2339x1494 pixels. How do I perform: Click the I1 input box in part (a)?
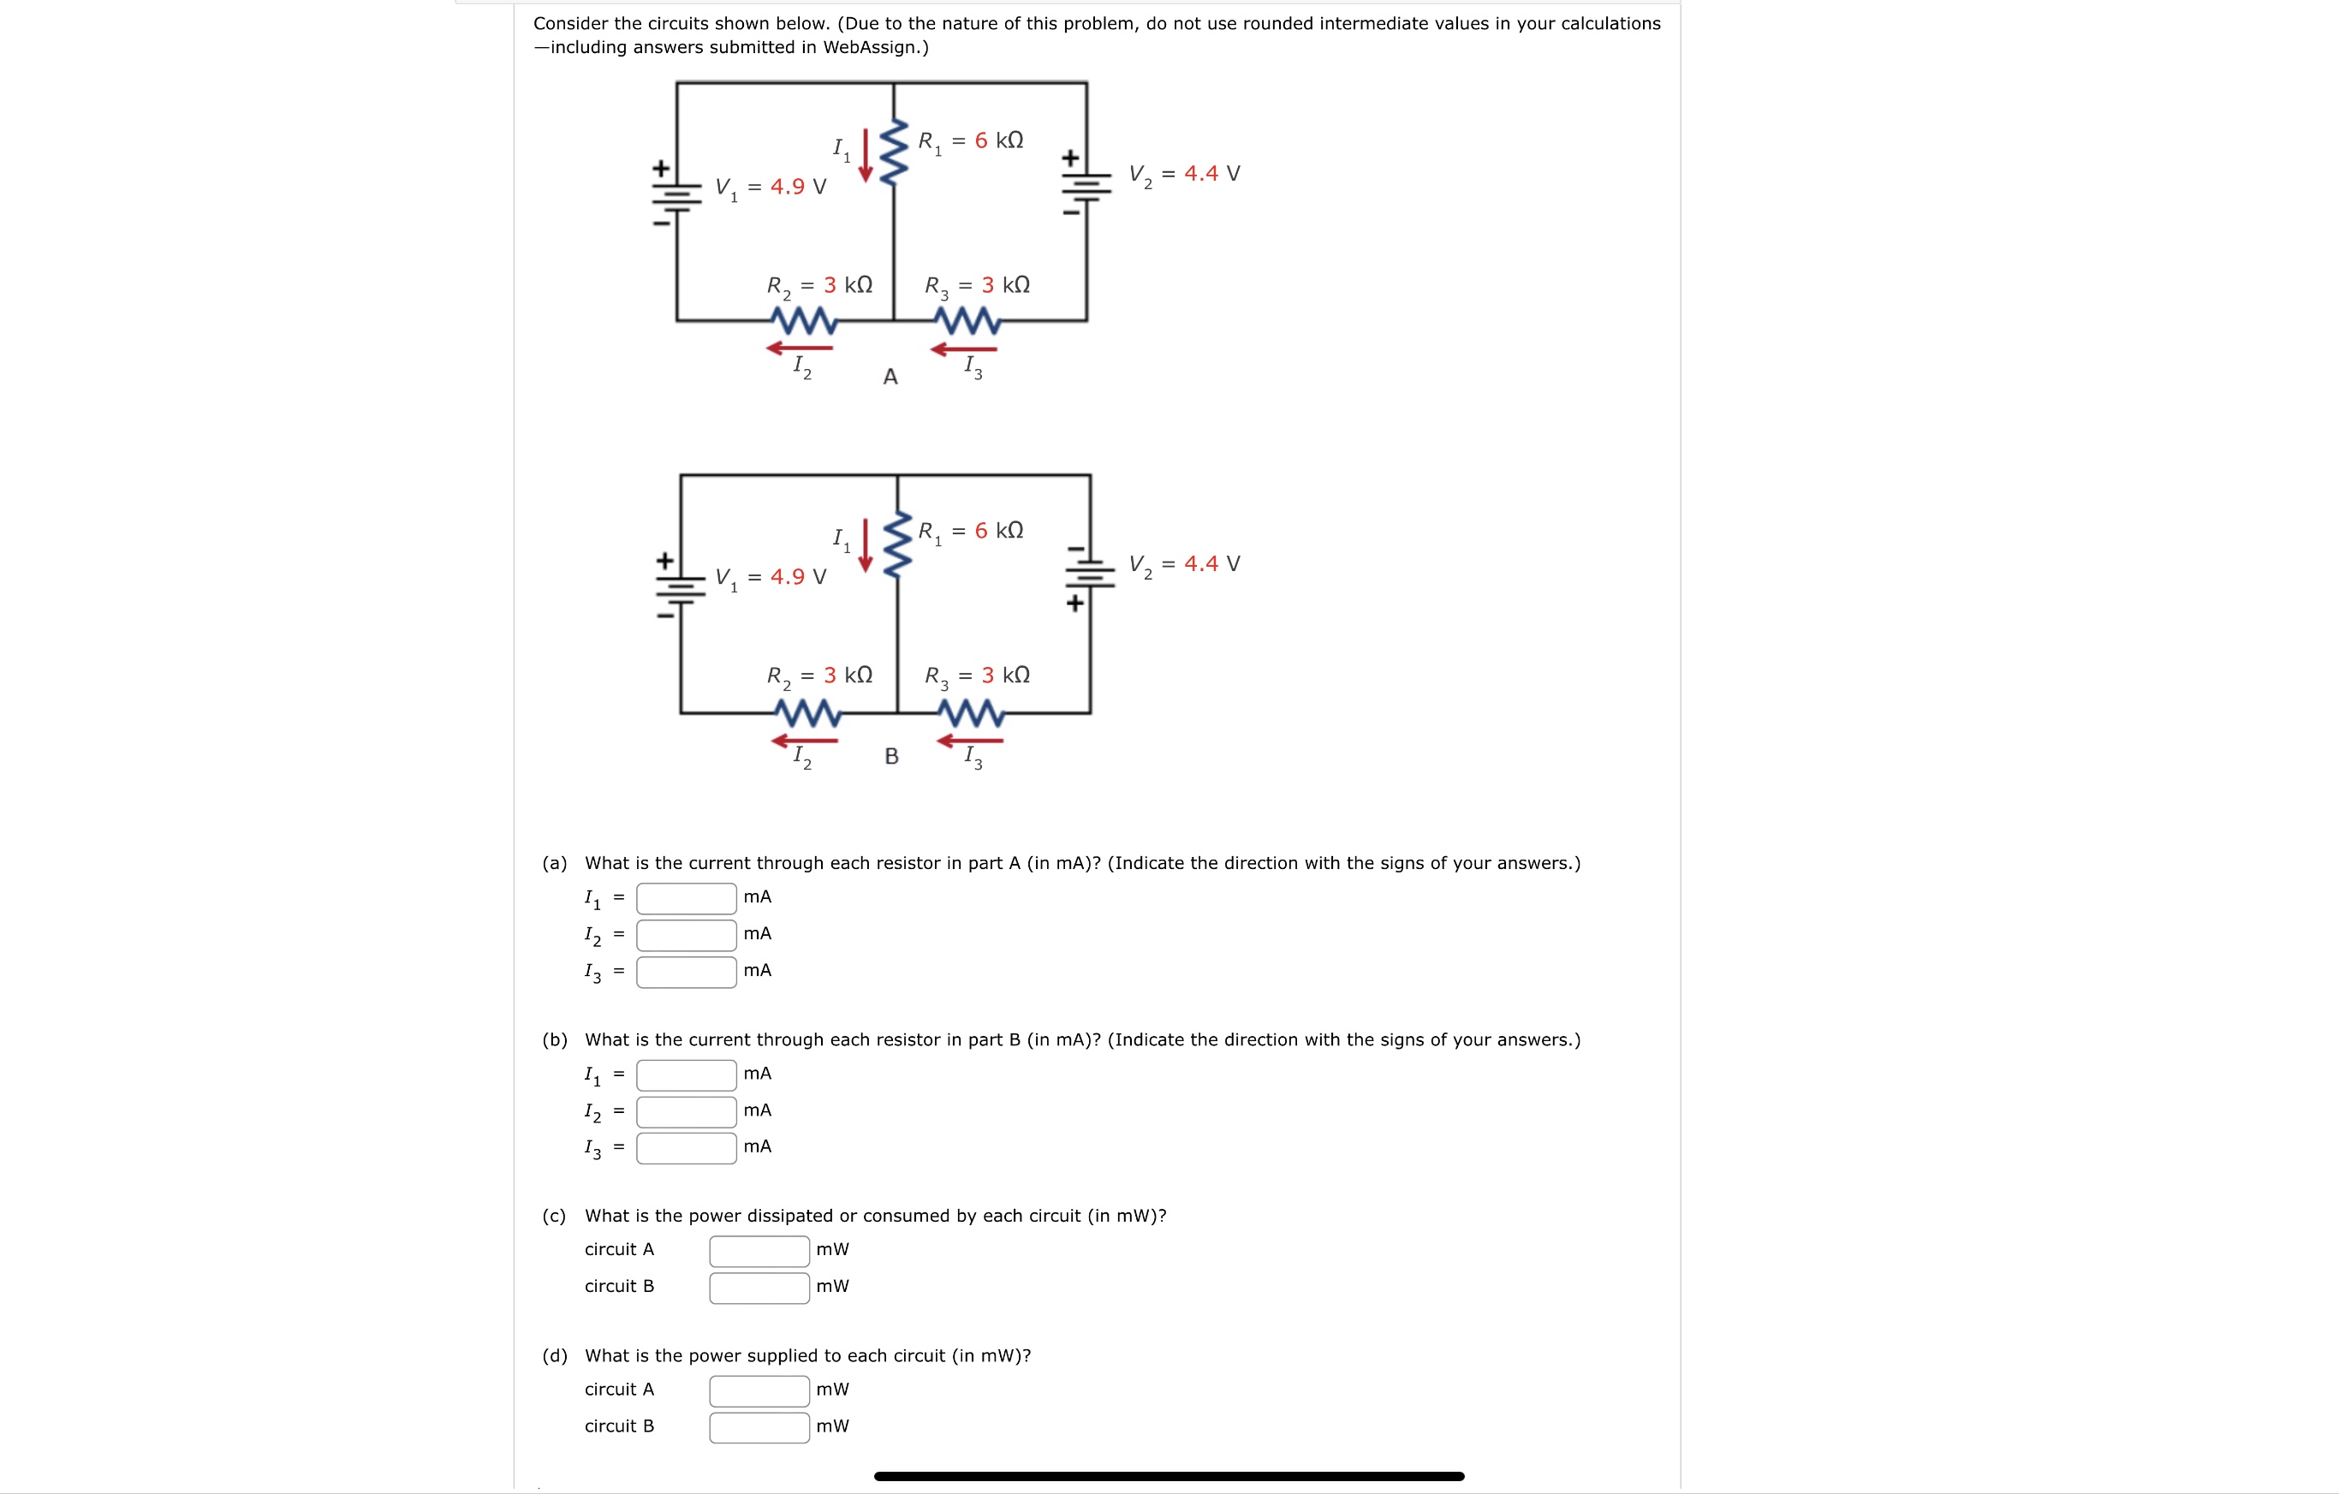point(686,898)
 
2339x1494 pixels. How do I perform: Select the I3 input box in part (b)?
point(686,1148)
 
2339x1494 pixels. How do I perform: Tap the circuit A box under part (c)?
point(759,1251)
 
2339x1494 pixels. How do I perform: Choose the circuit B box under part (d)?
point(759,1428)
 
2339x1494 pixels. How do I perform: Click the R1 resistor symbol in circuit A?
point(894,152)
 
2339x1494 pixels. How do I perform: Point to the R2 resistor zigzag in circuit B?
point(807,714)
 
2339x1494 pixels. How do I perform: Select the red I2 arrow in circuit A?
point(800,348)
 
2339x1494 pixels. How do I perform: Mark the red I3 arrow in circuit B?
point(969,741)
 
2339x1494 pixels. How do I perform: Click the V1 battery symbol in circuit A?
point(677,195)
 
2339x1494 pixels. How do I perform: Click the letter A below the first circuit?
point(890,377)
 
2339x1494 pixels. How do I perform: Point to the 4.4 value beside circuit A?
point(1200,174)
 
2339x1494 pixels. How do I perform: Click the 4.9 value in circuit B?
point(787,577)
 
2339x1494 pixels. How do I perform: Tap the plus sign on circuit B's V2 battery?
point(1074,604)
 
